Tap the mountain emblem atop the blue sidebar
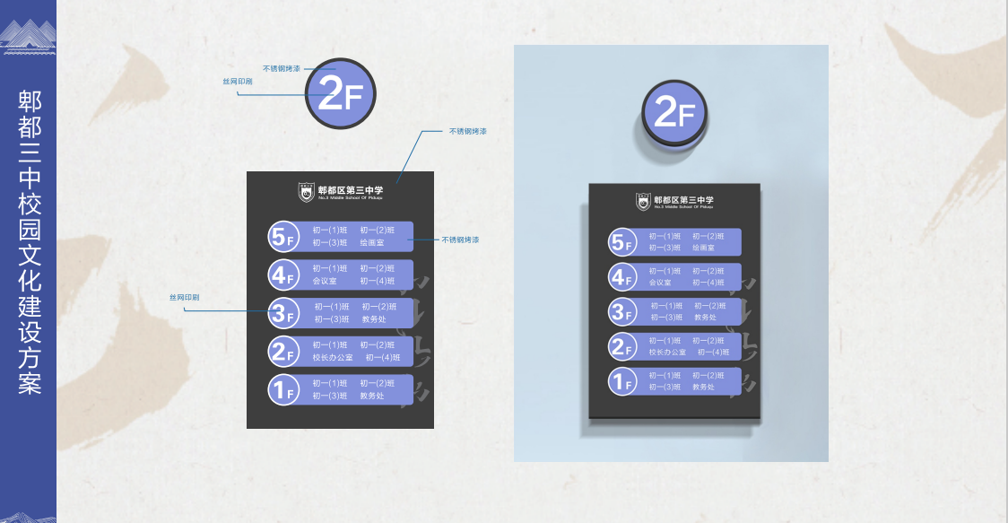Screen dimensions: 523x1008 coord(28,38)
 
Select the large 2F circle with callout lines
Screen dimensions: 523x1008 coord(340,94)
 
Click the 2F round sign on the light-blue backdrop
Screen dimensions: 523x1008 coord(674,113)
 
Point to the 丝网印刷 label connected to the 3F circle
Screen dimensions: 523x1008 coord(185,297)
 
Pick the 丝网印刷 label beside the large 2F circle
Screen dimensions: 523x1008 coord(238,82)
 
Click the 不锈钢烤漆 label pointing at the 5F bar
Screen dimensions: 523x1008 coord(460,240)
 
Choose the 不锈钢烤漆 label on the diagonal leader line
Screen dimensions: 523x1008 coord(467,131)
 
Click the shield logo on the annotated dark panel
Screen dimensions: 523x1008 coord(307,191)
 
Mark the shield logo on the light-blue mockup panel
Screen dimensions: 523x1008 coord(643,202)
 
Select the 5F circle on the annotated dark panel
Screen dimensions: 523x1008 coord(282,237)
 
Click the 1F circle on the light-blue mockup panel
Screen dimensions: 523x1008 coord(621,381)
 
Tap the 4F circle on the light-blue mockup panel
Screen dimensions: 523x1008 coord(621,277)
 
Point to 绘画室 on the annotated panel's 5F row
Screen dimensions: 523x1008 coord(371,242)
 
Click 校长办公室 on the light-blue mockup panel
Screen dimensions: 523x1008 coord(667,352)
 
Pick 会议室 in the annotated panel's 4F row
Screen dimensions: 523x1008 coord(323,281)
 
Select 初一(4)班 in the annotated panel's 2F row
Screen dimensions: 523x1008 coord(383,357)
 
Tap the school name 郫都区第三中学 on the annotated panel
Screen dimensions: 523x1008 coord(351,189)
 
